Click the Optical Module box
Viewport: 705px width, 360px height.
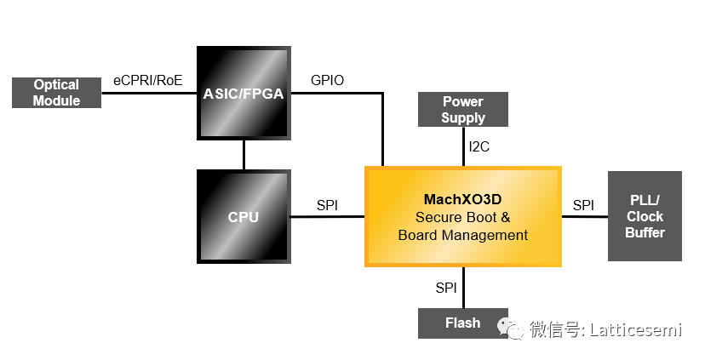(x=56, y=93)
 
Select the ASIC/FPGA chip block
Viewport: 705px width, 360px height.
(x=244, y=93)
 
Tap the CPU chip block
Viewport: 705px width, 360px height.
(x=244, y=216)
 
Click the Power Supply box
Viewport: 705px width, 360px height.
(x=463, y=110)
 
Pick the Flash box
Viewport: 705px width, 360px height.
(x=463, y=323)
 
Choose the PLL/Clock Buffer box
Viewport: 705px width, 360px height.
(x=645, y=216)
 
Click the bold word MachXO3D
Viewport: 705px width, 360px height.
(x=463, y=199)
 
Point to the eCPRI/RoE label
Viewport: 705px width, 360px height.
(x=148, y=80)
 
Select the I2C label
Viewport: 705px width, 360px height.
(x=479, y=146)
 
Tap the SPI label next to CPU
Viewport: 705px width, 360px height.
(x=328, y=205)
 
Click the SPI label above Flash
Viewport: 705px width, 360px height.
(x=446, y=288)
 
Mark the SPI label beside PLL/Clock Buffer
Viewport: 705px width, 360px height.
(x=583, y=205)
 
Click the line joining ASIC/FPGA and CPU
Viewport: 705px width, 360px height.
(x=244, y=154)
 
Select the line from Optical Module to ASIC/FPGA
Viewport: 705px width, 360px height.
(x=149, y=93)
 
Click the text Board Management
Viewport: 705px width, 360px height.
(x=463, y=235)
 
